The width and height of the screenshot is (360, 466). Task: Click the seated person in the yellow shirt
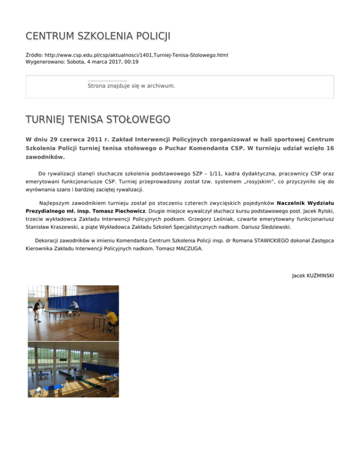tap(111, 318)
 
